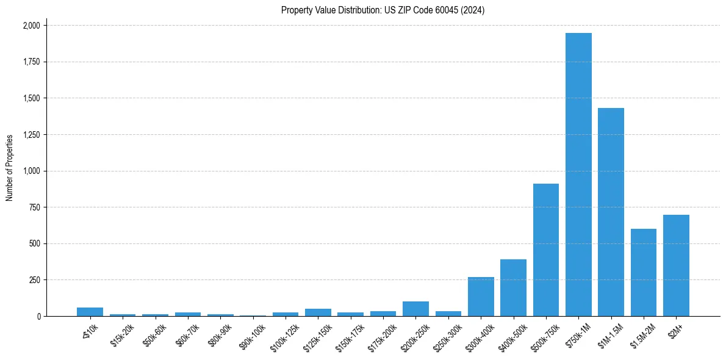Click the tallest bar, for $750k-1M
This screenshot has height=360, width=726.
578,175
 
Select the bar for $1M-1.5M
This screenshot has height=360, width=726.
611,212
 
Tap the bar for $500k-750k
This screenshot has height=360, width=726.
546,250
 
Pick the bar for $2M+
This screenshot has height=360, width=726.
676,265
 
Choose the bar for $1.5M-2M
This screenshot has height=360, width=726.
644,273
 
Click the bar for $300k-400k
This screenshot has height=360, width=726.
481,297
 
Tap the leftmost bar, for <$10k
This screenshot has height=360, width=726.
90,312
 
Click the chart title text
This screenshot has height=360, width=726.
383,10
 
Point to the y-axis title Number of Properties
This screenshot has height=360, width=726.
10,168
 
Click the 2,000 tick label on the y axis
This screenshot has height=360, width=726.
31,26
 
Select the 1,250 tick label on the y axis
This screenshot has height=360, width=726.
31,135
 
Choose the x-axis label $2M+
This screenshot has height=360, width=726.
674,329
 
